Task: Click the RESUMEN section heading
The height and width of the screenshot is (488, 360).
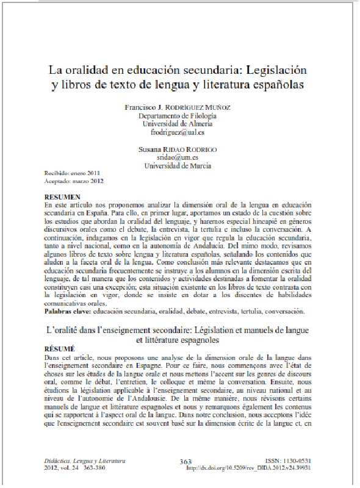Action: [x=63, y=198]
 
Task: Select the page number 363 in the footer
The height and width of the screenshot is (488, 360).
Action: [x=187, y=462]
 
